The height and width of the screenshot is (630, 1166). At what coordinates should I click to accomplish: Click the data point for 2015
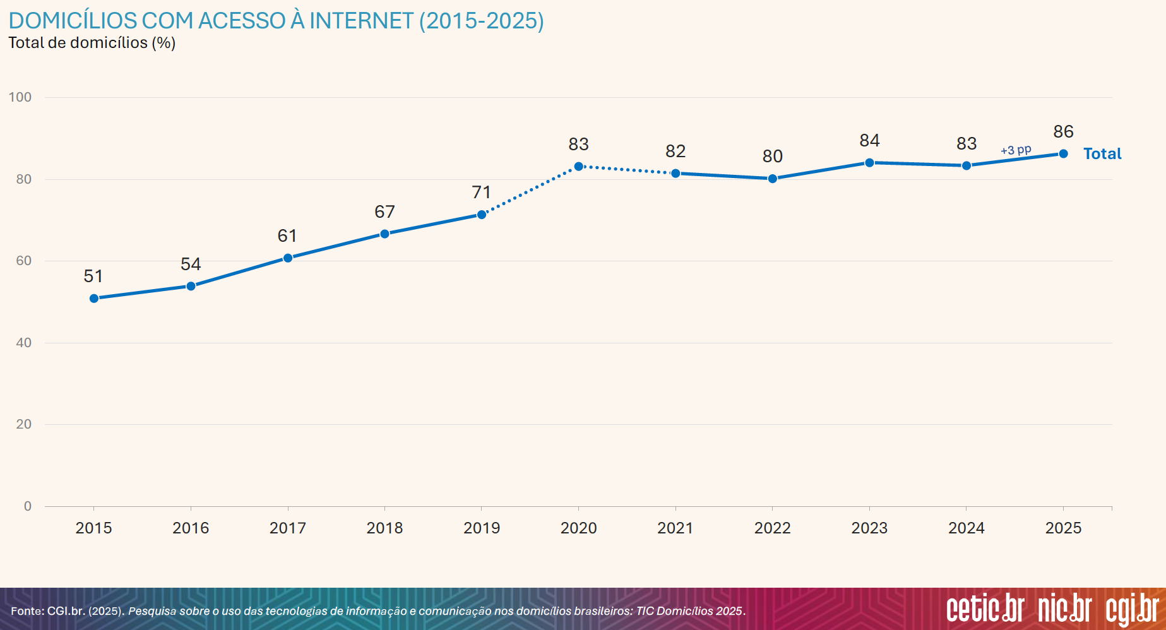94,299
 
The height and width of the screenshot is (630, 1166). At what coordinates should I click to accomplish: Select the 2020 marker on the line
578,167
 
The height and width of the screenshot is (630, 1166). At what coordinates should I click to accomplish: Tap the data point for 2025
1063,154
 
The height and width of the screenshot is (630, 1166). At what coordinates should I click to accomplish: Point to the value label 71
481,192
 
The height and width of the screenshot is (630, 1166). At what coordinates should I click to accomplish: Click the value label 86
1063,131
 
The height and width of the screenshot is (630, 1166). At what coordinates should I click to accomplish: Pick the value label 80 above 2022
772,156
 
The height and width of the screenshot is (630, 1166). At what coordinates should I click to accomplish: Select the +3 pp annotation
1015,150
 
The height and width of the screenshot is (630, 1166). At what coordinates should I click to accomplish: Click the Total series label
1102,153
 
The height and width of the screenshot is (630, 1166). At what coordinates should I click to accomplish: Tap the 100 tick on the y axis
20,97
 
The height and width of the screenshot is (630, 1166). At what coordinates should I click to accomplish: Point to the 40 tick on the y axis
23,343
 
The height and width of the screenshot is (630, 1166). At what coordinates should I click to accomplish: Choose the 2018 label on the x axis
384,528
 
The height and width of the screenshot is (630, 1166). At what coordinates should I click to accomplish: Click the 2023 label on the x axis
869,528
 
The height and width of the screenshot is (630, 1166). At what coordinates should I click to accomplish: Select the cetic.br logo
985,609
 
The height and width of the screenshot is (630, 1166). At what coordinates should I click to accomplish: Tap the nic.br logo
1065,609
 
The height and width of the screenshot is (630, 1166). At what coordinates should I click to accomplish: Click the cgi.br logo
1133,610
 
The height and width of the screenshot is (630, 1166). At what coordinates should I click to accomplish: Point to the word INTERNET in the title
361,21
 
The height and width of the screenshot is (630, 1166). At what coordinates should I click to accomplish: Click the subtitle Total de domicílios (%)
92,43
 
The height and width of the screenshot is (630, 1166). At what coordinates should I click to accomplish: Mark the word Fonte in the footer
27,611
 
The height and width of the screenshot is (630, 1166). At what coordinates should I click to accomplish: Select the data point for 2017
288,258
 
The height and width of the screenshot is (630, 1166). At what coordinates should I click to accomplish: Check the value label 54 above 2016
191,264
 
